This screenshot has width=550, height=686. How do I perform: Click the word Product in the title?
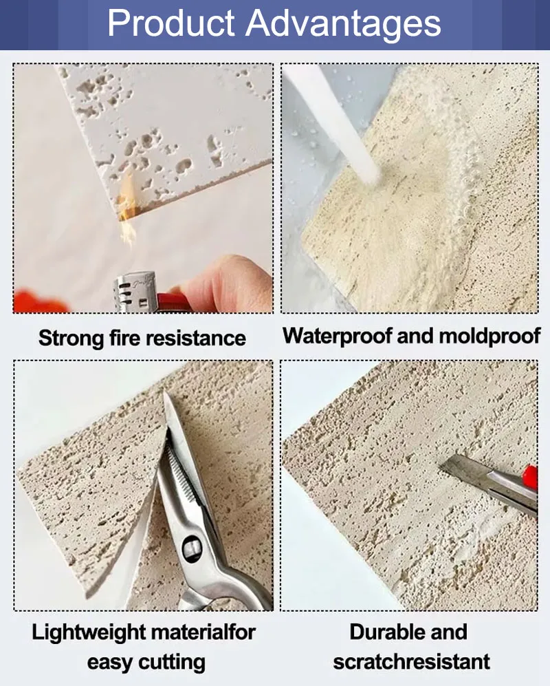coord(170,24)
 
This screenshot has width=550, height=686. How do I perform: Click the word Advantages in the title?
coord(344,24)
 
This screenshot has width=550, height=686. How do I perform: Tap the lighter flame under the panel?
coord(126,206)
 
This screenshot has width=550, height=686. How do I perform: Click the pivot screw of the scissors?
coord(190,548)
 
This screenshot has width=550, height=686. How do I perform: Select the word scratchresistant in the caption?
coord(411,662)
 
